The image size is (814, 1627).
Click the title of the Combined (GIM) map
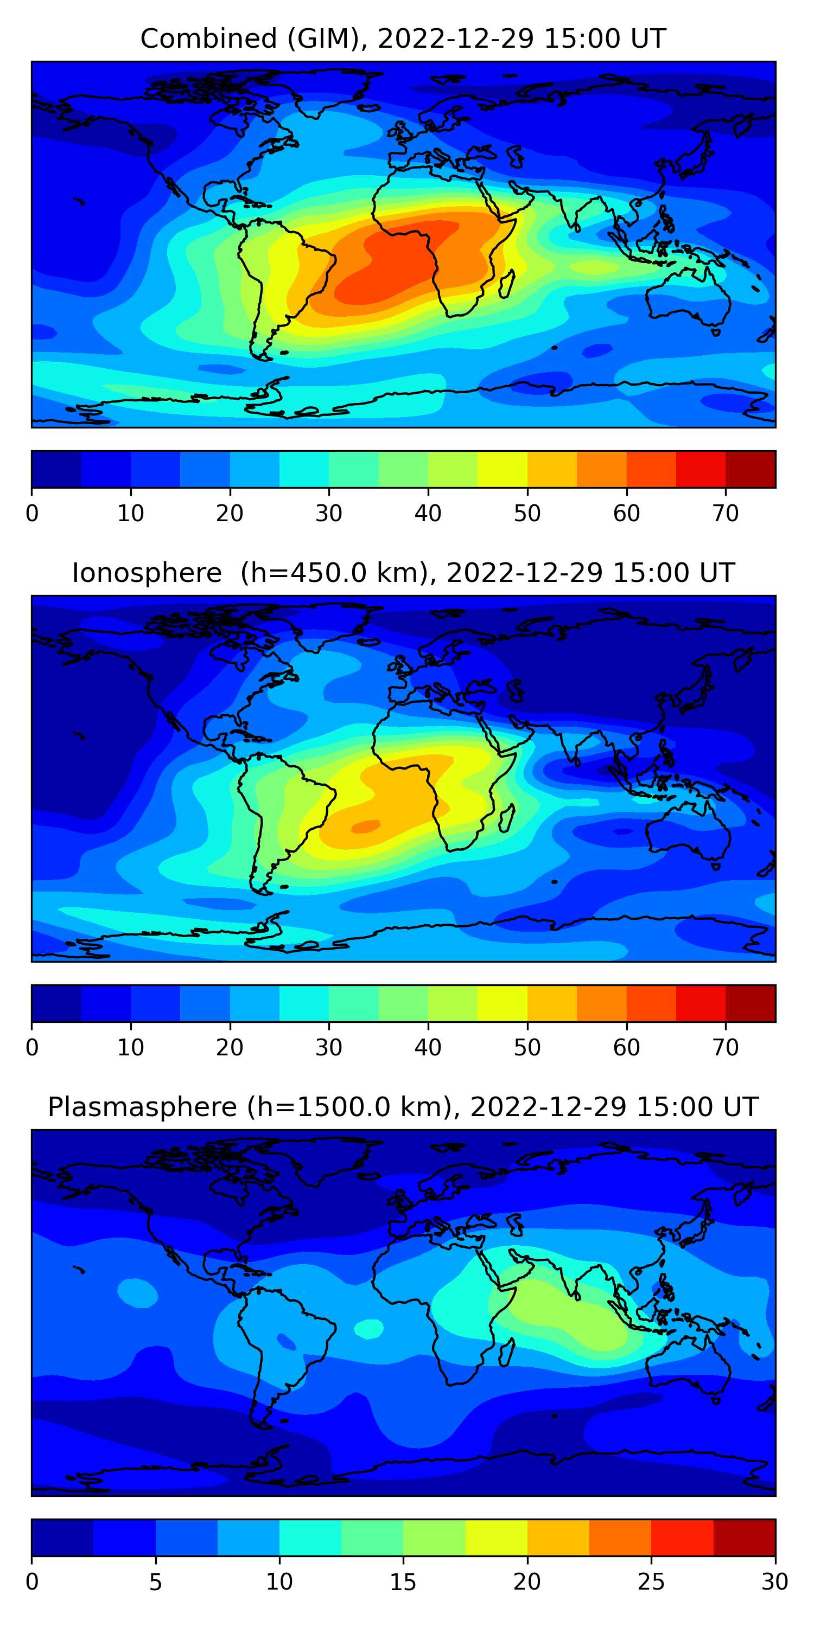[x=403, y=39]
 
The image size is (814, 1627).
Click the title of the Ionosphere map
[x=403, y=573]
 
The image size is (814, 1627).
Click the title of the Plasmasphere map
[x=403, y=1107]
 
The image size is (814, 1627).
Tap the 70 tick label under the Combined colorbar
[x=726, y=514]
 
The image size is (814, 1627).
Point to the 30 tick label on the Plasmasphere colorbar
[x=774, y=1581]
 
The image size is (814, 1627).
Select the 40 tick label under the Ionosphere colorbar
[x=428, y=1047]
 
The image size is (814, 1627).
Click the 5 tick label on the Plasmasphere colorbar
[x=155, y=1581]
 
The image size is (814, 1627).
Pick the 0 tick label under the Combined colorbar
[x=32, y=514]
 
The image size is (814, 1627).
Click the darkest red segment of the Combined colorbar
[x=750, y=469]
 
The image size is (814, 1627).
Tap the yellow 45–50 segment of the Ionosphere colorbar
[x=502, y=1003]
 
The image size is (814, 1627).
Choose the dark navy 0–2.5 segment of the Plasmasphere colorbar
[x=62, y=1538]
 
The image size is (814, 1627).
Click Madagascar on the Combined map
[x=507, y=284]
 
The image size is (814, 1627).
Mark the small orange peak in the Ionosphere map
[x=365, y=826]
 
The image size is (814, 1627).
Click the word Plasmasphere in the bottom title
[x=142, y=1107]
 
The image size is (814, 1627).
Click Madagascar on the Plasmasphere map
[x=507, y=1353]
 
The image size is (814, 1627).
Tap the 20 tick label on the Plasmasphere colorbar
[x=526, y=1581]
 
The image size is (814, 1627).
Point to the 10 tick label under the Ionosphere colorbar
[x=131, y=1047]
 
